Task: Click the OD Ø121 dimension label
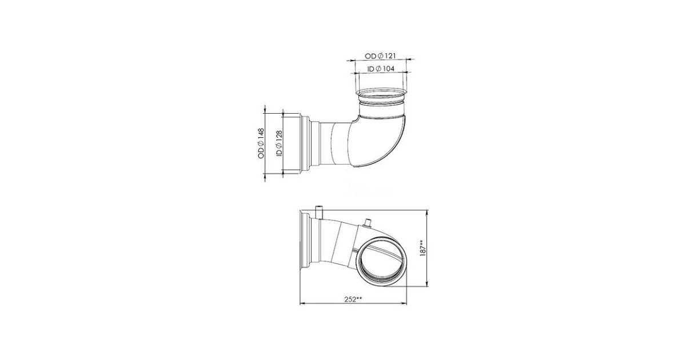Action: coord(380,56)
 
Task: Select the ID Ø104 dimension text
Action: coord(381,69)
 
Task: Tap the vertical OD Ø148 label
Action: coord(261,143)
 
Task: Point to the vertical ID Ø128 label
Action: coord(279,144)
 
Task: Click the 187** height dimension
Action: coord(423,248)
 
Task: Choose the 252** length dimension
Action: coord(353,299)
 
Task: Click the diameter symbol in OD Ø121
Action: coord(380,56)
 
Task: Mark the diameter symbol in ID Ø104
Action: coord(378,69)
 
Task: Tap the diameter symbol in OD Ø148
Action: coord(261,144)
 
